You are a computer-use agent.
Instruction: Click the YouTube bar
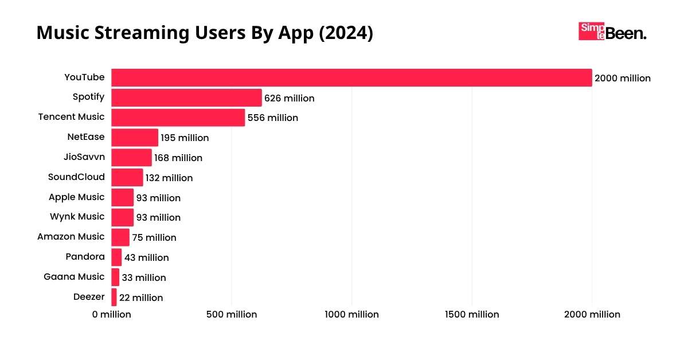(351, 78)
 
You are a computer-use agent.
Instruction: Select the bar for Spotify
(186, 98)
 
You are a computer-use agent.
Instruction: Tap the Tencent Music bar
(178, 118)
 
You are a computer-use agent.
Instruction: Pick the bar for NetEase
(135, 138)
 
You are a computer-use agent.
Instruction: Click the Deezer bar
(114, 298)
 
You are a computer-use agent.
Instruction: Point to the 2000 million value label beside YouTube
(623, 79)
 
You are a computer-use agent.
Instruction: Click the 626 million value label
(290, 99)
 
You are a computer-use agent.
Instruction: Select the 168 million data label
(178, 158)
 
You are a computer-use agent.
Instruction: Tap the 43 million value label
(147, 258)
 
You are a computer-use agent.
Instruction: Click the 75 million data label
(154, 237)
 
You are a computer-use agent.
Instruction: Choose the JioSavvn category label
(84, 156)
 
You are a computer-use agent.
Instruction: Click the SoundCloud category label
(76, 177)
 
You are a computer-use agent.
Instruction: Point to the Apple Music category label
(76, 197)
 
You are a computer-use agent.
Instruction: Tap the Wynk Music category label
(77, 217)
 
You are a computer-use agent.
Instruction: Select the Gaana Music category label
(74, 277)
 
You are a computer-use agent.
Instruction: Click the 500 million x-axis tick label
(232, 315)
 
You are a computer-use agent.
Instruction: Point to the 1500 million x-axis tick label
(472, 315)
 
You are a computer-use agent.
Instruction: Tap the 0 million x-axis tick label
(111, 315)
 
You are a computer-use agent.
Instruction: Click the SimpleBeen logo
(612, 32)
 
